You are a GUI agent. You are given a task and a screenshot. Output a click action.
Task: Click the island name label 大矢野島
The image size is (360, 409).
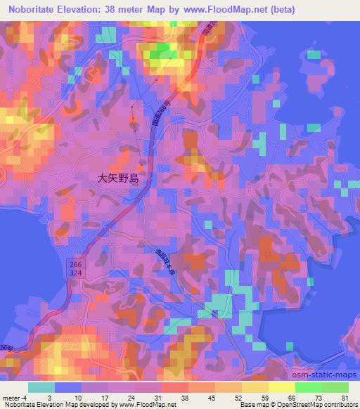[118, 178]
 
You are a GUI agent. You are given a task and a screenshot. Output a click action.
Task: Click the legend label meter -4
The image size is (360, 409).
[14, 398]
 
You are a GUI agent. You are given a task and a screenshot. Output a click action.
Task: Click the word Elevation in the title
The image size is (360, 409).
[87, 10]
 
